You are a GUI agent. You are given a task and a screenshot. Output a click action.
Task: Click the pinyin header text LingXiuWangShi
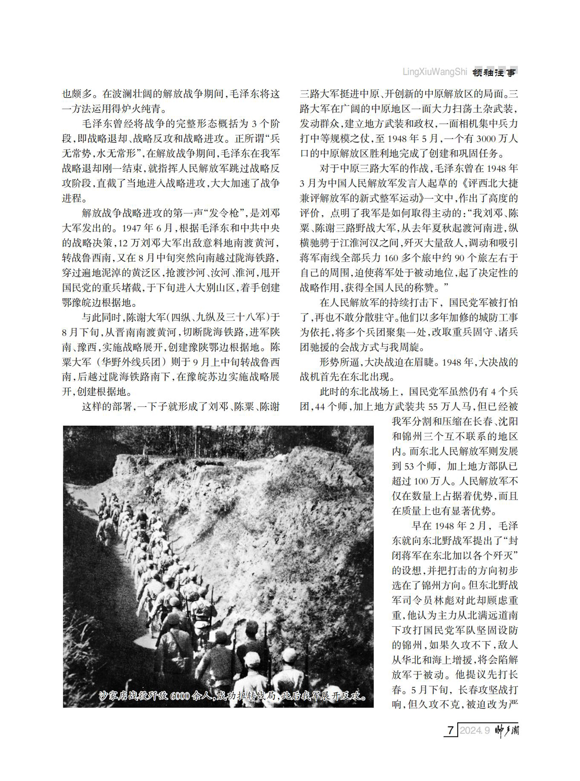coord(435,72)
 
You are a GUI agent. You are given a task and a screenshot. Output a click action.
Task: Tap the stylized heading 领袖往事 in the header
coord(494,72)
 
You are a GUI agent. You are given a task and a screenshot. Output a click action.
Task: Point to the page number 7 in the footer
coord(450,730)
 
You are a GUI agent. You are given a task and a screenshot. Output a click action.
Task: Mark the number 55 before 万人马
coord(433,406)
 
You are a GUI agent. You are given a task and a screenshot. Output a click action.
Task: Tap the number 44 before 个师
coord(319,406)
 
